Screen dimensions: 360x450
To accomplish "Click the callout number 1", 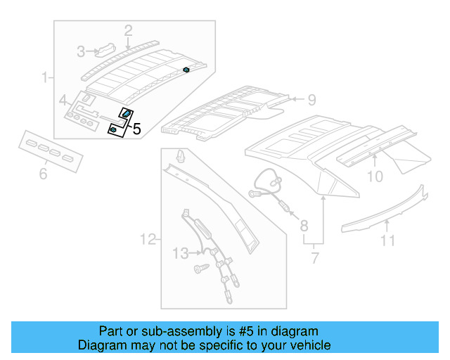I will (46, 77).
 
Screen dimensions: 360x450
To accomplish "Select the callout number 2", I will (128, 30).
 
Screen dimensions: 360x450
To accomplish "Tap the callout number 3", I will (82, 51).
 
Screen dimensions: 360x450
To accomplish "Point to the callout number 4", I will (63, 100).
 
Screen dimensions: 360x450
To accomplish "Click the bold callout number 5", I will (136, 129).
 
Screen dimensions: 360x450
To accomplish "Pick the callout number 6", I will (43, 172).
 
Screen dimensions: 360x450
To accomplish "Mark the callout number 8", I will (304, 225).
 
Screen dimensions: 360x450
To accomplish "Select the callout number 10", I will (375, 176).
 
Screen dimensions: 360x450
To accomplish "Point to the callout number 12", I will (147, 240).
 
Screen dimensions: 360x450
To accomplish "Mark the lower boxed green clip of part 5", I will (113, 129).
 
